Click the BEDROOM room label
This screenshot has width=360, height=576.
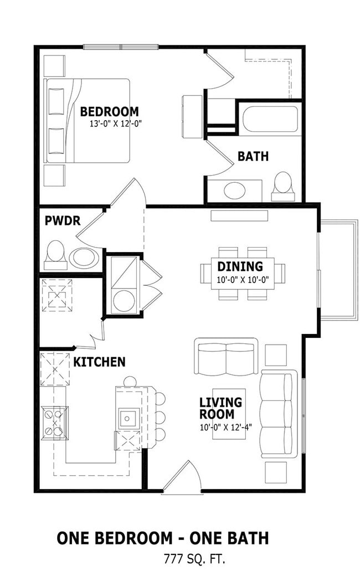[110, 111]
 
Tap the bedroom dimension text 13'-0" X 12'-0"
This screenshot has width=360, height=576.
[116, 124]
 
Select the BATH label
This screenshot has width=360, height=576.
[253, 156]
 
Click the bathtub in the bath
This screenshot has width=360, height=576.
[270, 119]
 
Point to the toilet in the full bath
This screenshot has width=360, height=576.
[283, 187]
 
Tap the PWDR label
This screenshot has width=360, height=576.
[63, 220]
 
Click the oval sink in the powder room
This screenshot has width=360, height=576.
[84, 258]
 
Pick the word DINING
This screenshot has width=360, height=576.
[240, 266]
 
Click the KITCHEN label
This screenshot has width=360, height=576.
[99, 362]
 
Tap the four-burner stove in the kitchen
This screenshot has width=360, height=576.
[54, 423]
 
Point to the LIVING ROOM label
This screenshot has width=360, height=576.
[220, 408]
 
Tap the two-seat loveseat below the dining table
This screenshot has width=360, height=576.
[227, 356]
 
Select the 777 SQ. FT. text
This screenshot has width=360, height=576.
[194, 559]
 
